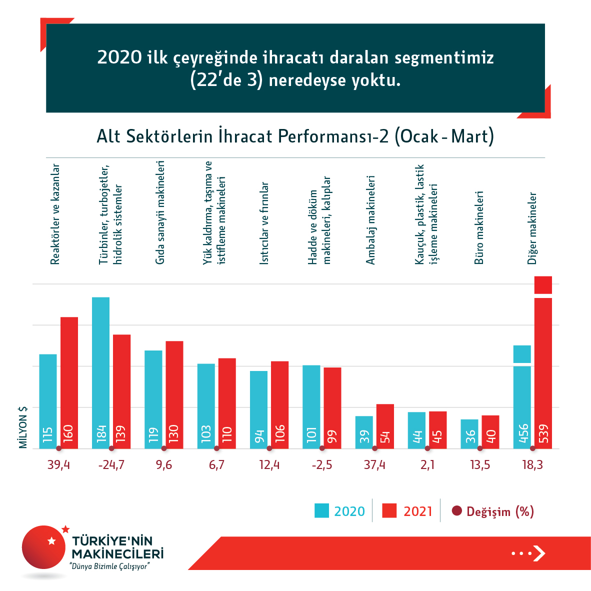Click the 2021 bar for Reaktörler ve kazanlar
(69, 382)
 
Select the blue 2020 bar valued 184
(100, 372)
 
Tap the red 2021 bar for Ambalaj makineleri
(385, 426)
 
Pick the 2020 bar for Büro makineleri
(469, 433)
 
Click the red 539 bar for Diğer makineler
(543, 370)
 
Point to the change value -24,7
(111, 465)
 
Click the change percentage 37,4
(374, 465)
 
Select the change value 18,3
(532, 465)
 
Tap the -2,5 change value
(321, 465)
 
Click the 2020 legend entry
(340, 511)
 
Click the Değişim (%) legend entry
(493, 511)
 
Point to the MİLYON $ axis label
(23, 427)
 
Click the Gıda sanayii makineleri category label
(160, 212)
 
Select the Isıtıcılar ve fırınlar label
(264, 223)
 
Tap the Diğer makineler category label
(532, 228)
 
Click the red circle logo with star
(44, 547)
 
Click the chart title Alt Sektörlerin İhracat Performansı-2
(295, 136)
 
